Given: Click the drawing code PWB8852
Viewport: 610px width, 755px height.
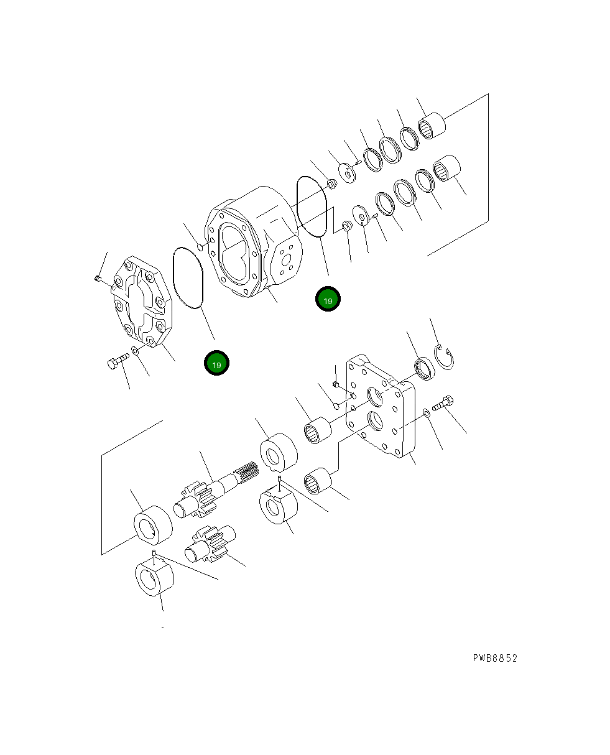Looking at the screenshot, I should coord(494,658).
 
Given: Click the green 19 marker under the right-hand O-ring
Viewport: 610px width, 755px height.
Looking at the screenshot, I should coord(328,300).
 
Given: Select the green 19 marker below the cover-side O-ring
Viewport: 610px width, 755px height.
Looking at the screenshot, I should coord(216,364).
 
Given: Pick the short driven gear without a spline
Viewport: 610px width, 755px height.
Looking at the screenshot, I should coord(210,543).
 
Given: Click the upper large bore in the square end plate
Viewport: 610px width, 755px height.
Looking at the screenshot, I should coord(377,396).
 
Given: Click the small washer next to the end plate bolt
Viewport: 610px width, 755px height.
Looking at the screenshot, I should coord(425,413).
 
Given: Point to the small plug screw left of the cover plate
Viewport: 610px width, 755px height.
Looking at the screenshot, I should coord(98,279).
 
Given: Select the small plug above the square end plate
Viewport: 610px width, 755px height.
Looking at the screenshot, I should coord(335,384).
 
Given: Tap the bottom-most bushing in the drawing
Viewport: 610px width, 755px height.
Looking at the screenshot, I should coord(155,578).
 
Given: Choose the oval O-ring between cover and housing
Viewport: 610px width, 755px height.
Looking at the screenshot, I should coord(188,277).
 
